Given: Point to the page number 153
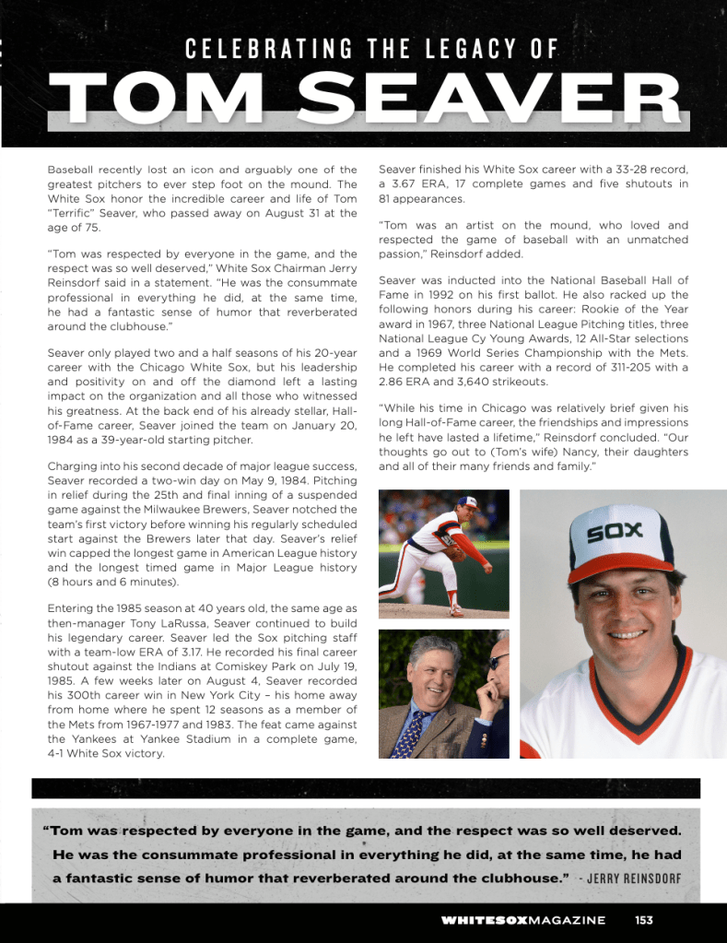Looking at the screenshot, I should [x=644, y=919].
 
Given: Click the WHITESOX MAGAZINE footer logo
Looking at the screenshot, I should [x=522, y=920].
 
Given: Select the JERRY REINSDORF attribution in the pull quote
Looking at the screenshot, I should [x=634, y=877].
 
